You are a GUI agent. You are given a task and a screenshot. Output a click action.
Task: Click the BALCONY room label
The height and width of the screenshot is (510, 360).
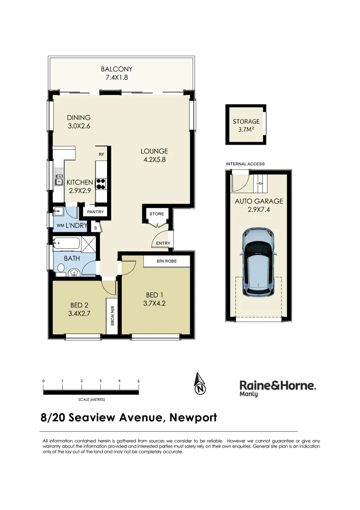116,69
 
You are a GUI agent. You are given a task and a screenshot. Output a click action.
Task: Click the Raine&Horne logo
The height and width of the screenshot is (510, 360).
278,388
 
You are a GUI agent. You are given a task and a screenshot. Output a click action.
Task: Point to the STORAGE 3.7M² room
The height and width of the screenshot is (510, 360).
246,125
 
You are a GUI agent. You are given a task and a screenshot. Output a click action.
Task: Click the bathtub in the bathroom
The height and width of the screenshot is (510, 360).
67,245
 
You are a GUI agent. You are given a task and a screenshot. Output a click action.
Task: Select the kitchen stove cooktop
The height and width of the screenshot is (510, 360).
101,183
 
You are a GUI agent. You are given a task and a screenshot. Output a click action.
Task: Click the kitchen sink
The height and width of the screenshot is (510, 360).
59,179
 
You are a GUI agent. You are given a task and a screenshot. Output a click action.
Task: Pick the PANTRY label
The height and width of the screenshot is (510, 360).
95,212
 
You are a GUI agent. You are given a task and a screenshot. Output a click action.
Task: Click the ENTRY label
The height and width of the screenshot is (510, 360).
157,244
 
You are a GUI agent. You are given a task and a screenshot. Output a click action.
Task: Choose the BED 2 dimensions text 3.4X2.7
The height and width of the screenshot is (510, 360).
79,312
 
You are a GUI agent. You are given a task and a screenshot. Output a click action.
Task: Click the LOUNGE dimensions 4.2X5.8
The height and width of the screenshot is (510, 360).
154,160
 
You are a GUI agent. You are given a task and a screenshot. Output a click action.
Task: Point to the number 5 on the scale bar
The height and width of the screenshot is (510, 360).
138,381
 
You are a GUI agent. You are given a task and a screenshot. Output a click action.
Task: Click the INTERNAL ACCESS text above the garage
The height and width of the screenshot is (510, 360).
245,164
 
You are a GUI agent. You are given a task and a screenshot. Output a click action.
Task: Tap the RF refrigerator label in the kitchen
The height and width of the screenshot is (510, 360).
101,154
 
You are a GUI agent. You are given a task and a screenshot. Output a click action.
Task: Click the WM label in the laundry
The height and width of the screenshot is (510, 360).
60,226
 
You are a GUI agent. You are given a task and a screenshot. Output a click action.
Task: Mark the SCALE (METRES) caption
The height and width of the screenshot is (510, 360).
92,399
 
